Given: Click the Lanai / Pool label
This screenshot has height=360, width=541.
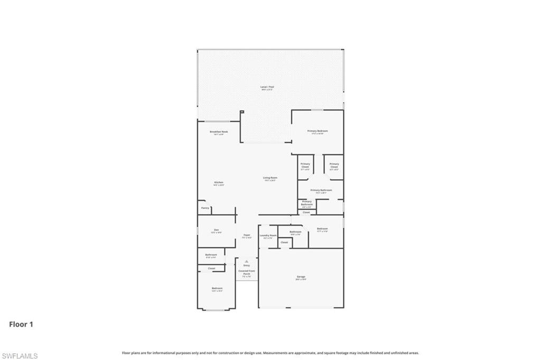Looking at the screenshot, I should [x=267, y=87].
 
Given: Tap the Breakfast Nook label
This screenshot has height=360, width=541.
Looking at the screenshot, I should [x=219, y=132].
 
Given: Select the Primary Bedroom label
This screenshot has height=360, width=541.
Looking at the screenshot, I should [x=318, y=131].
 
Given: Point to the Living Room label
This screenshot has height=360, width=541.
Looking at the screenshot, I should [x=270, y=178].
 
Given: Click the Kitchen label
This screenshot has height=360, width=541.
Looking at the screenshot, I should [x=219, y=183].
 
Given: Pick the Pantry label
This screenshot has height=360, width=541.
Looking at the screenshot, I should [x=205, y=208].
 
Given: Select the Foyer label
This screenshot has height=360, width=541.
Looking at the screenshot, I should [x=246, y=235].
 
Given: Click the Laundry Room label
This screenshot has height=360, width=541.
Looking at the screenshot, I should [x=268, y=235].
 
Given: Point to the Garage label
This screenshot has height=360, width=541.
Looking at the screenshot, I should [x=301, y=277].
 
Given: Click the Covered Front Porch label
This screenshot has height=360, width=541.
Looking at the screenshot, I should [x=247, y=273].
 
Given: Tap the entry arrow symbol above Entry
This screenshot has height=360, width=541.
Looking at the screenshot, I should [x=246, y=261].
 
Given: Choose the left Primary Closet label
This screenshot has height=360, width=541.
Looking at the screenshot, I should [x=305, y=165].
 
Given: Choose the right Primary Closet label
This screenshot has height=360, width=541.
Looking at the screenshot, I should [x=334, y=165].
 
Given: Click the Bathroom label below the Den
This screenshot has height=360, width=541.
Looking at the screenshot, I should [x=211, y=255].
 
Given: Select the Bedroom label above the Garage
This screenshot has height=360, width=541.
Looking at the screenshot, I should [x=322, y=229].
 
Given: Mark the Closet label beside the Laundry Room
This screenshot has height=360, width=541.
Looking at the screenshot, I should [x=284, y=242].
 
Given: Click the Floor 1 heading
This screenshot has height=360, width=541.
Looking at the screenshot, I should [x=21, y=325].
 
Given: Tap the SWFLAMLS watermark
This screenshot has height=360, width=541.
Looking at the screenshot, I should [x=20, y=356].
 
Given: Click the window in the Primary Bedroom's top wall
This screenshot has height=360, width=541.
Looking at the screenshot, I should [x=317, y=110].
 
